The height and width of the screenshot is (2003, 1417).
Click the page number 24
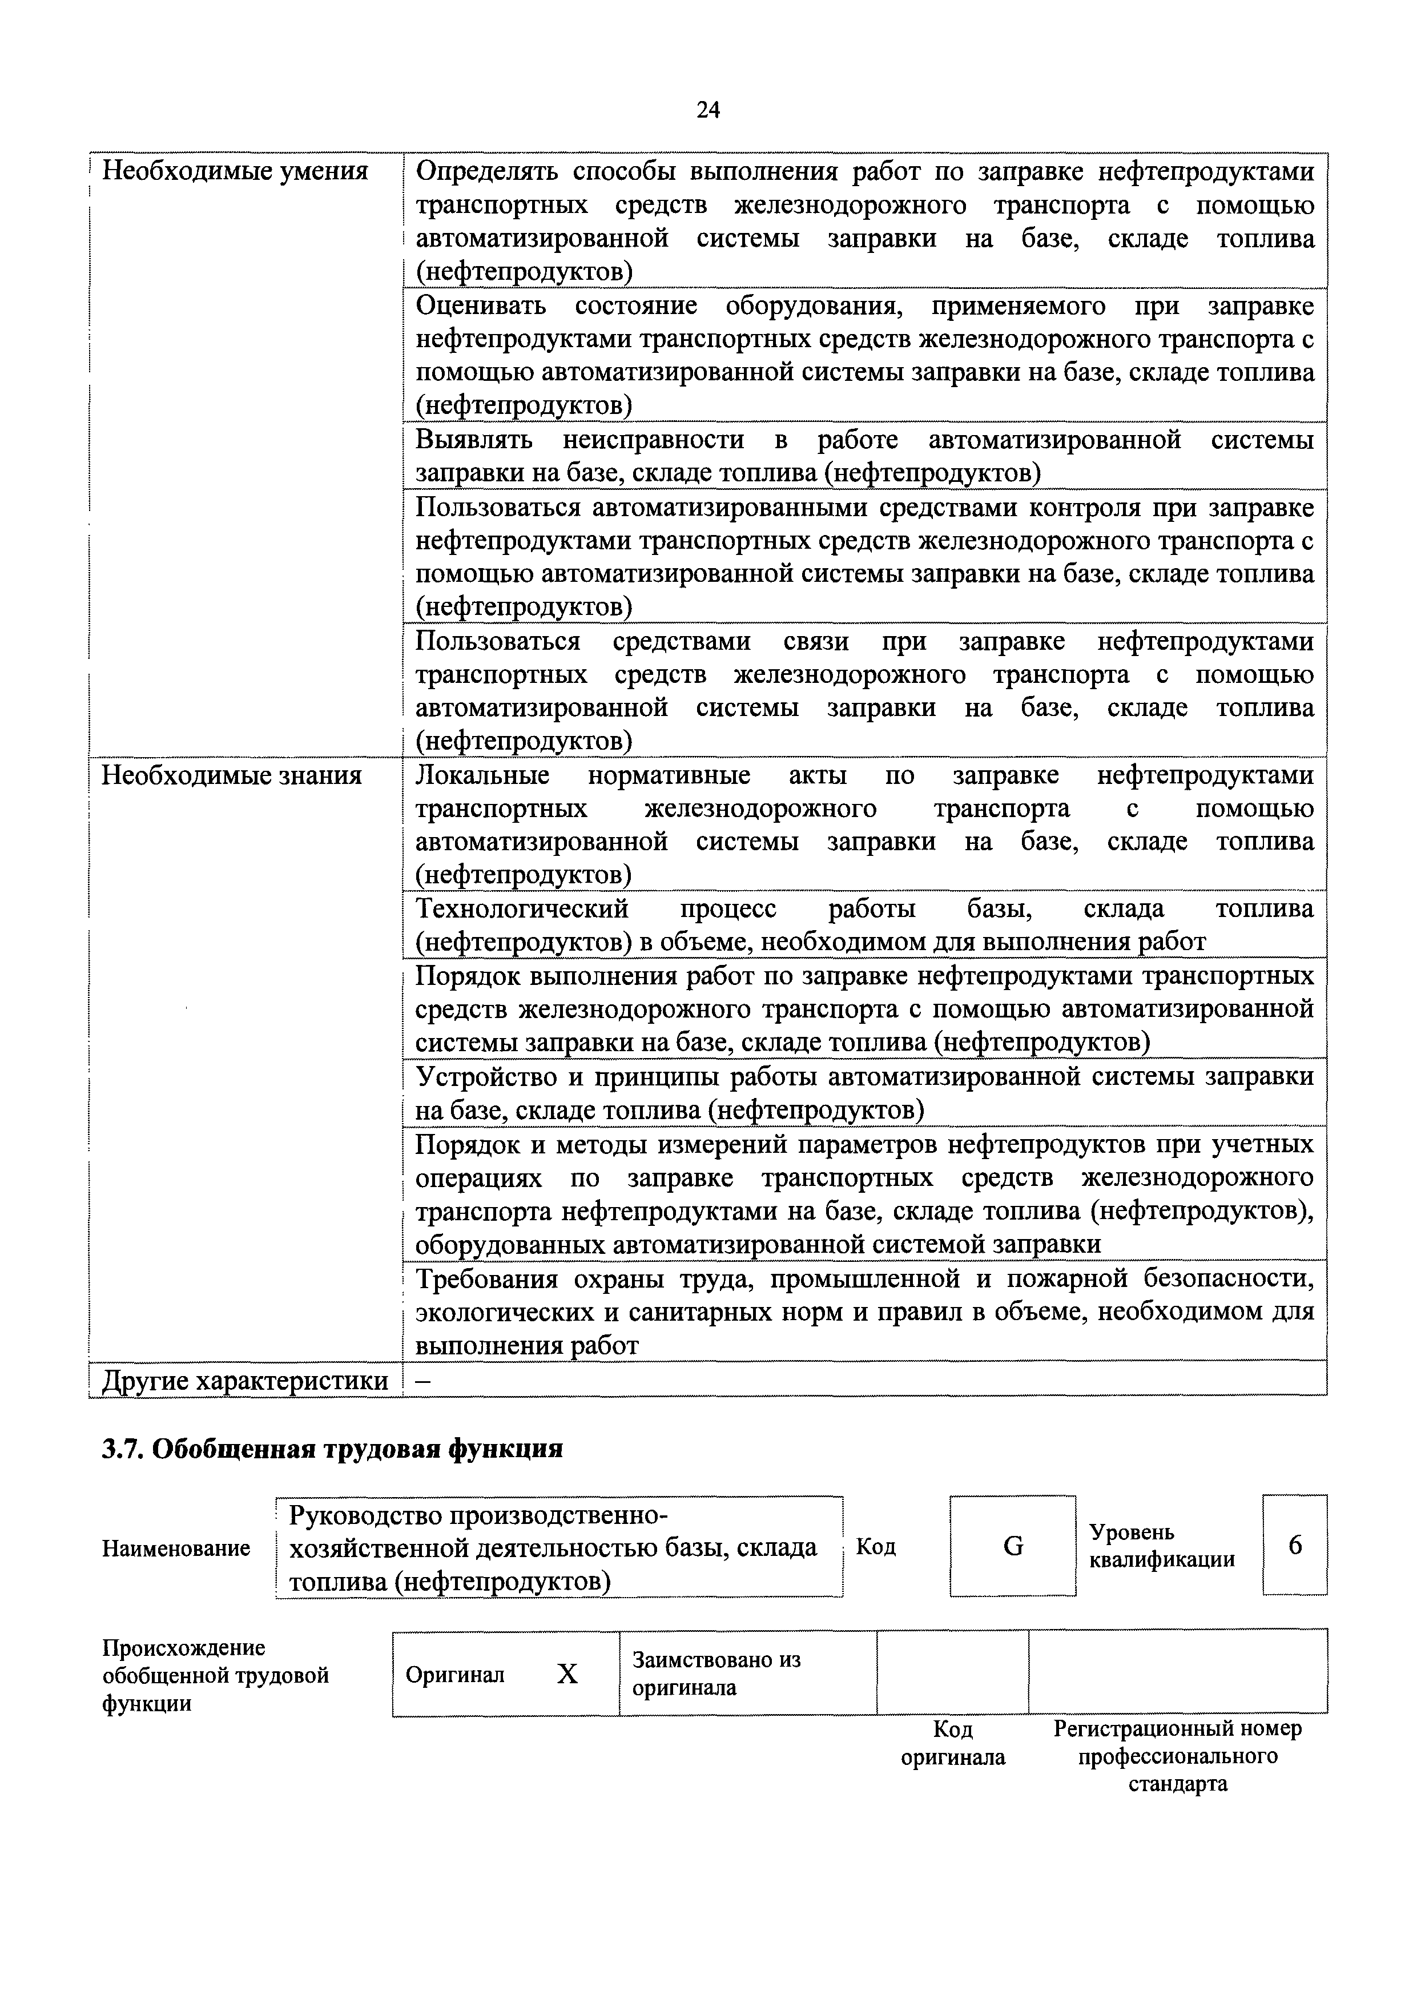[707, 110]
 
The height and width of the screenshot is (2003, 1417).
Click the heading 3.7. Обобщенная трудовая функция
[332, 1449]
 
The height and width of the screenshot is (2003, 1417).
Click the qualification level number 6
[1295, 1546]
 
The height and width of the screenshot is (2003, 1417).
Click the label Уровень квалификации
[1161, 1546]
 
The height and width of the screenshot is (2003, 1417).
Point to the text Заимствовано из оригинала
[716, 1673]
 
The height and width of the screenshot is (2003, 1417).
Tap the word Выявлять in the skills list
[474, 441]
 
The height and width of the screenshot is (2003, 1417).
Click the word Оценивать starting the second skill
[481, 306]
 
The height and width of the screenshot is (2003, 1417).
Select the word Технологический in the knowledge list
[522, 909]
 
